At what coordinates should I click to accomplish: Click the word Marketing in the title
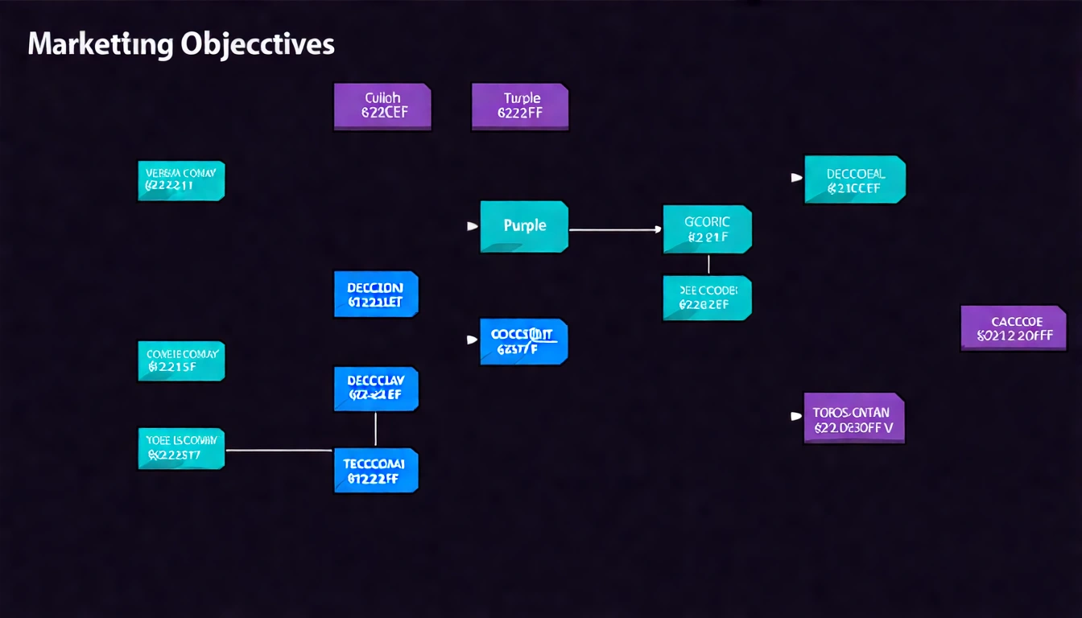(99, 45)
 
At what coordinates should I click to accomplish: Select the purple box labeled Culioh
(382, 106)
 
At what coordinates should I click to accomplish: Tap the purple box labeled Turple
(520, 106)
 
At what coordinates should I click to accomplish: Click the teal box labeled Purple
(524, 227)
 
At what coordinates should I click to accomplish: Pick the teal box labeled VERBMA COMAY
(181, 181)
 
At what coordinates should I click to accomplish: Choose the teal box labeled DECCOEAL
(855, 179)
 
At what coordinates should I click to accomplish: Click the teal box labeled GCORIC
(707, 229)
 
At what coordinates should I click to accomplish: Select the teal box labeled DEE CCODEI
(707, 298)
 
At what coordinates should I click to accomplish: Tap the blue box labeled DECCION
(376, 294)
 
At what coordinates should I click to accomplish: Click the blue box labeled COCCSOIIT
(524, 341)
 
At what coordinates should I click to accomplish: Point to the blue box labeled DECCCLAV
(376, 388)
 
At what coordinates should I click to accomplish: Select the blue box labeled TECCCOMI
(376, 470)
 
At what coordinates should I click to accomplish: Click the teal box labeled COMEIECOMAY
(181, 361)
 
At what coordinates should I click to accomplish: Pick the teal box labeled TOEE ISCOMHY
(181, 449)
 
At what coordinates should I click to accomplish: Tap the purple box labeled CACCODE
(1014, 328)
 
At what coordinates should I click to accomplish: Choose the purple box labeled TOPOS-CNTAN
(854, 418)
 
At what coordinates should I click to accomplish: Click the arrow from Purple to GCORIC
(615, 230)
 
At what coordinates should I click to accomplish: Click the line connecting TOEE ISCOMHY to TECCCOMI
(279, 450)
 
